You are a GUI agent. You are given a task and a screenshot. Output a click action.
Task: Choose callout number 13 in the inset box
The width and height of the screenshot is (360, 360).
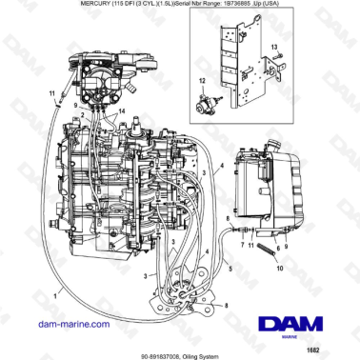pos(273,45)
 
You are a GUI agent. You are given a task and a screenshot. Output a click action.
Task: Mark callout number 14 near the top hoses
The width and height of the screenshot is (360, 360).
pos(121,111)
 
